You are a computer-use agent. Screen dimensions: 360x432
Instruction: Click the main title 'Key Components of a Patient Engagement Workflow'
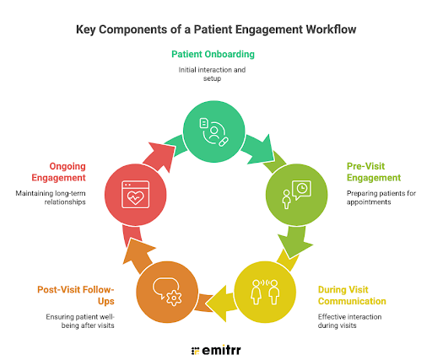pyautogui.click(x=216, y=30)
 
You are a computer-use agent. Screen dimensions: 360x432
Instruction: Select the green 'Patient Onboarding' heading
pyautogui.click(x=213, y=54)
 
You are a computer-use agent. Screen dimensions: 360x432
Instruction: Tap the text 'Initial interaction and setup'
pyautogui.click(x=213, y=75)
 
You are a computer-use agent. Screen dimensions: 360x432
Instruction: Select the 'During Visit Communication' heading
pyautogui.click(x=352, y=295)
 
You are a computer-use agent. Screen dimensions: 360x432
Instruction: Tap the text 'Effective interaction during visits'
pyautogui.click(x=349, y=321)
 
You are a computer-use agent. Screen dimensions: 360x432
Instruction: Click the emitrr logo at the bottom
pyautogui.click(x=216, y=347)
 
